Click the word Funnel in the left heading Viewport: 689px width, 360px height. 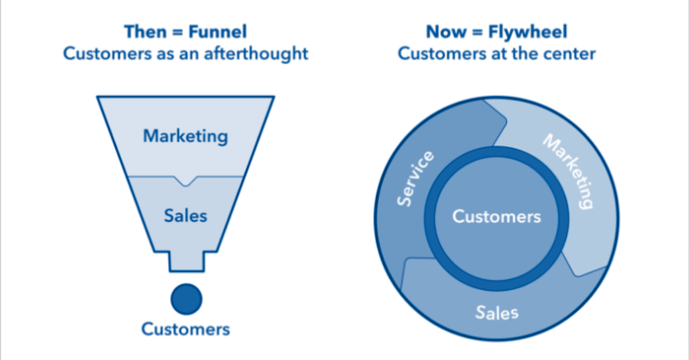tap(218, 32)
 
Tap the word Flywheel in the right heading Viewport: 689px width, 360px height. tap(528, 32)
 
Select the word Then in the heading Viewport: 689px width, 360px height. tap(144, 32)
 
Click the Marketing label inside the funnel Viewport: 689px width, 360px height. tap(185, 136)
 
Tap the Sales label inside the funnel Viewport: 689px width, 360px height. tap(186, 216)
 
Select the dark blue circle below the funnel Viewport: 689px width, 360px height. tap(186, 299)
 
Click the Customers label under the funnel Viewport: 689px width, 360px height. tap(186, 329)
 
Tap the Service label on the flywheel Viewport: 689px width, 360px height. tap(416, 179)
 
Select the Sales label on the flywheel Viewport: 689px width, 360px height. tap(497, 312)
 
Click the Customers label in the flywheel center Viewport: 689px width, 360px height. tap(496, 217)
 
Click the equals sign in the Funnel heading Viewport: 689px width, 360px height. tap(176, 33)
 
